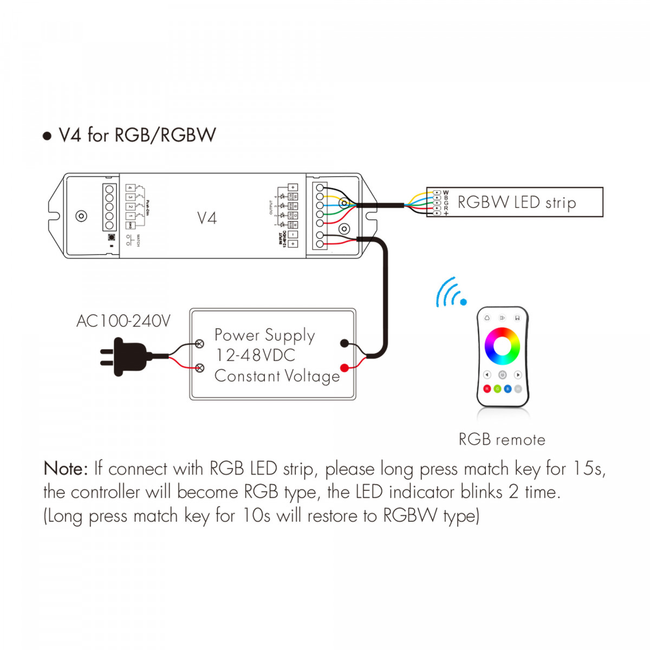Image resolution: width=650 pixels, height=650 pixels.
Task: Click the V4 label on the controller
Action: coord(206,218)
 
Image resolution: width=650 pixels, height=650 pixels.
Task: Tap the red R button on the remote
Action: coord(487,389)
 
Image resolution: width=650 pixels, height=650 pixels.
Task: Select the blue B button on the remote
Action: coord(508,389)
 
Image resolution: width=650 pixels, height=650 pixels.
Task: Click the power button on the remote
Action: coord(502,375)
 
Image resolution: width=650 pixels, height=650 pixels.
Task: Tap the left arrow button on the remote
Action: coord(486,375)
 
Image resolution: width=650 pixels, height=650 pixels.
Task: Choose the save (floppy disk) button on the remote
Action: coord(518,318)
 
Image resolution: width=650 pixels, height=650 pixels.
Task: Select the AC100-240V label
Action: coord(123,321)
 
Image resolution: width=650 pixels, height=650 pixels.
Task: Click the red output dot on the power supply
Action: coord(344,368)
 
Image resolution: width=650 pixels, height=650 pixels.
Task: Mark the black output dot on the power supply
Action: coord(344,343)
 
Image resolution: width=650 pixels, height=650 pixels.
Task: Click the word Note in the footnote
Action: coord(65,469)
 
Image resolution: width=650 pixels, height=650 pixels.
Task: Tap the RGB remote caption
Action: coord(502,439)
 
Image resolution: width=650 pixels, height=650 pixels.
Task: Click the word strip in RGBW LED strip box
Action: coord(560,203)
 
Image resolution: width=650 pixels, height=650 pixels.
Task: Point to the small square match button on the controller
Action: coord(112,237)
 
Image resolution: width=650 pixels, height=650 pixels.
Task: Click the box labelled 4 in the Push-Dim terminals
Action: coord(130,188)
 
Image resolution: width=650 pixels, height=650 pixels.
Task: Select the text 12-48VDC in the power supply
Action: coord(255,355)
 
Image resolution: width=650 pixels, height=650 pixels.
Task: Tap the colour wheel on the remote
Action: coord(502,346)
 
